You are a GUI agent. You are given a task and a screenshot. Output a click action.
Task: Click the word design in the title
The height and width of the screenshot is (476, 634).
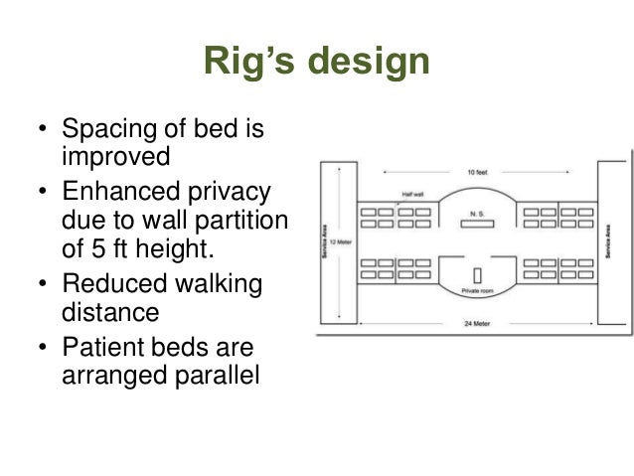click(x=367, y=63)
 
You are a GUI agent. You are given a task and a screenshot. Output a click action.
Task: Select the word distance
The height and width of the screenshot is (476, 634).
click(x=111, y=312)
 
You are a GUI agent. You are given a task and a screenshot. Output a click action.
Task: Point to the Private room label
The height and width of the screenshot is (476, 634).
click(x=477, y=292)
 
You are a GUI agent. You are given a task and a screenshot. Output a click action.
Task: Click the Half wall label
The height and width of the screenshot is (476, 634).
click(x=412, y=195)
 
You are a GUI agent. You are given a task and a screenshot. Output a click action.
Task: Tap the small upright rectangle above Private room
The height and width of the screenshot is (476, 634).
click(x=477, y=273)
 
